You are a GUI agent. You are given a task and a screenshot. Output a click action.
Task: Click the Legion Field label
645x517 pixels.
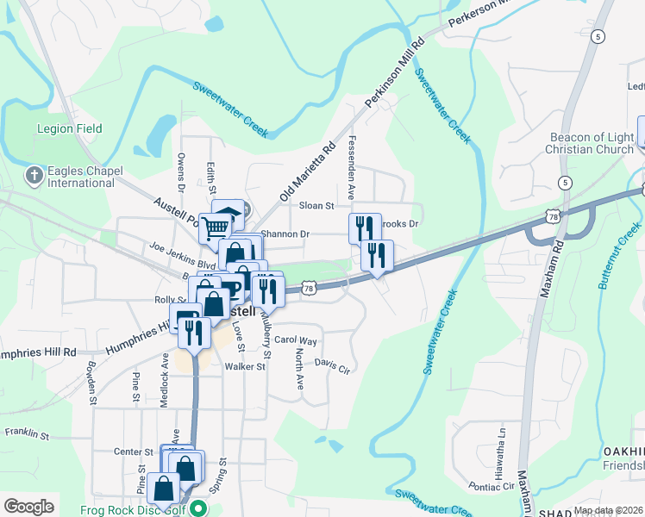pyautogui.click(x=69, y=128)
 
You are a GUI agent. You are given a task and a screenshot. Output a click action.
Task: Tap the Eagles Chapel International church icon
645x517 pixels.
pyautogui.click(x=34, y=176)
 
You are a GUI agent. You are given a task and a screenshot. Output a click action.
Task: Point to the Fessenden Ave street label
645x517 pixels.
pyautogui.click(x=352, y=167)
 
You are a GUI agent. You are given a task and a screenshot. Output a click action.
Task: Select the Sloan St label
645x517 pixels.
pyautogui.click(x=316, y=206)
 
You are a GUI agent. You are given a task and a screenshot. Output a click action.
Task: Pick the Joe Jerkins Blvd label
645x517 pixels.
pyautogui.click(x=181, y=253)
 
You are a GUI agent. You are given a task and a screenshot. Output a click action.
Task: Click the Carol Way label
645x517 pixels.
pyautogui.click(x=296, y=340)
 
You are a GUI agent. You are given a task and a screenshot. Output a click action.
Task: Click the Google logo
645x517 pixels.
pyautogui.click(x=28, y=507)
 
